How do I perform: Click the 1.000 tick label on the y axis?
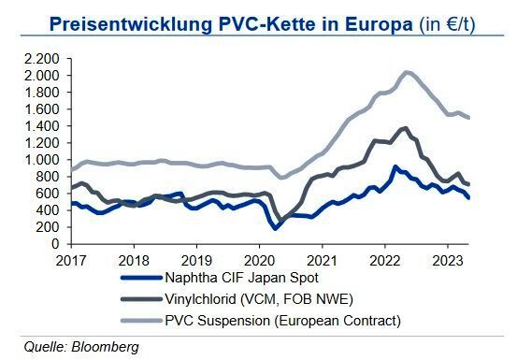(42, 159)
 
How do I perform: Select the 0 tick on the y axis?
(56, 242)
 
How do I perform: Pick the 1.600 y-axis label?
(42, 108)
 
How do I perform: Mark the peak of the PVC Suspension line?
(407, 71)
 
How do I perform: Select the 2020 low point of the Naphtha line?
(276, 228)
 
